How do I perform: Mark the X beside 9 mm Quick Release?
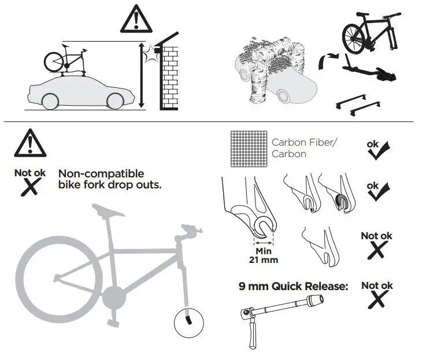pyautogui.click(x=377, y=299)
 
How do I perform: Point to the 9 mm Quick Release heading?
pyautogui.click(x=294, y=285)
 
